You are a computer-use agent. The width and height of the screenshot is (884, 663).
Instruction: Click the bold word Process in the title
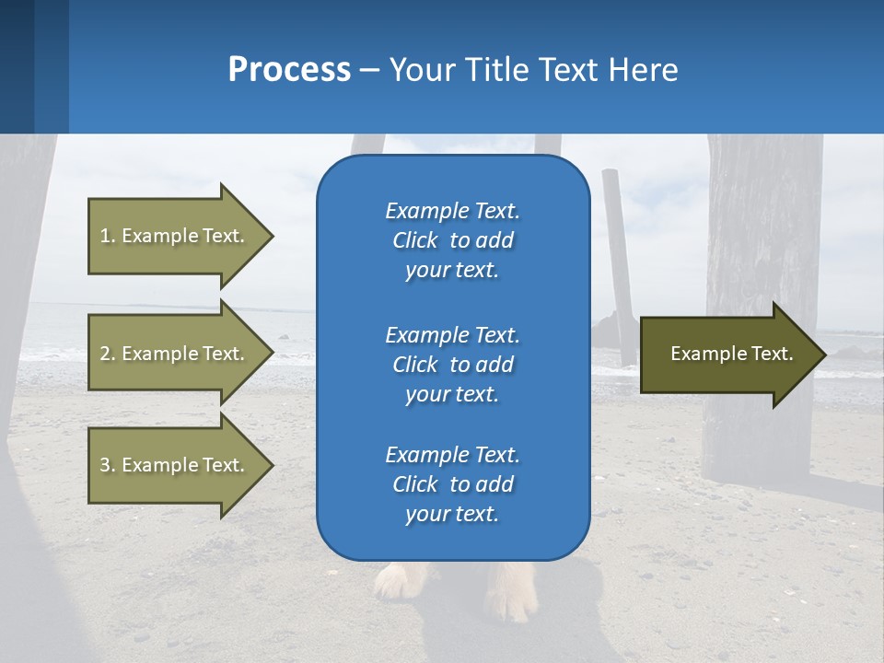coord(289,70)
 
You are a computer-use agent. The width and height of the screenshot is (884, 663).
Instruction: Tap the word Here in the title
coord(643,70)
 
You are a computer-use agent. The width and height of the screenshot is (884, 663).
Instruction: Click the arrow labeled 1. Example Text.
coord(175,236)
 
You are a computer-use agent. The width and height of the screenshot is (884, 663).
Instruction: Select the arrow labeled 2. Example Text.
coord(175,354)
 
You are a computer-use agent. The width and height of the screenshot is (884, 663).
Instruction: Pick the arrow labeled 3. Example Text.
coord(175,465)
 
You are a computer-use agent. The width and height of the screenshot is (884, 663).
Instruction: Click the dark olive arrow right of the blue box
coord(727,355)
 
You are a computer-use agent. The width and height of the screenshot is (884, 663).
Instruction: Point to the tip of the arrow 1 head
coord(273,236)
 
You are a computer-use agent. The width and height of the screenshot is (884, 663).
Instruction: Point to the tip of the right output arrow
coord(825,355)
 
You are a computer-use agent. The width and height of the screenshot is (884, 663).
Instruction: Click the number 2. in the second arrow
coord(107,354)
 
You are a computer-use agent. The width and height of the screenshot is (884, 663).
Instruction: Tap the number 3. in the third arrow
coord(107,465)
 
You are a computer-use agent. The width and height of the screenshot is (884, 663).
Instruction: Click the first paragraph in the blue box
coord(452,240)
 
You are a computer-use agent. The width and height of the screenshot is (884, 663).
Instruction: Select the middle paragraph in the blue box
coord(452,365)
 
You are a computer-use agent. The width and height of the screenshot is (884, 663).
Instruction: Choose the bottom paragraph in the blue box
coord(452,484)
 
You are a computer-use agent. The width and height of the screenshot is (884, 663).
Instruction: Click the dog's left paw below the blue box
coord(396,583)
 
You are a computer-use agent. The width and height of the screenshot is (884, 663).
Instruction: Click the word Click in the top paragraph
coord(415,240)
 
